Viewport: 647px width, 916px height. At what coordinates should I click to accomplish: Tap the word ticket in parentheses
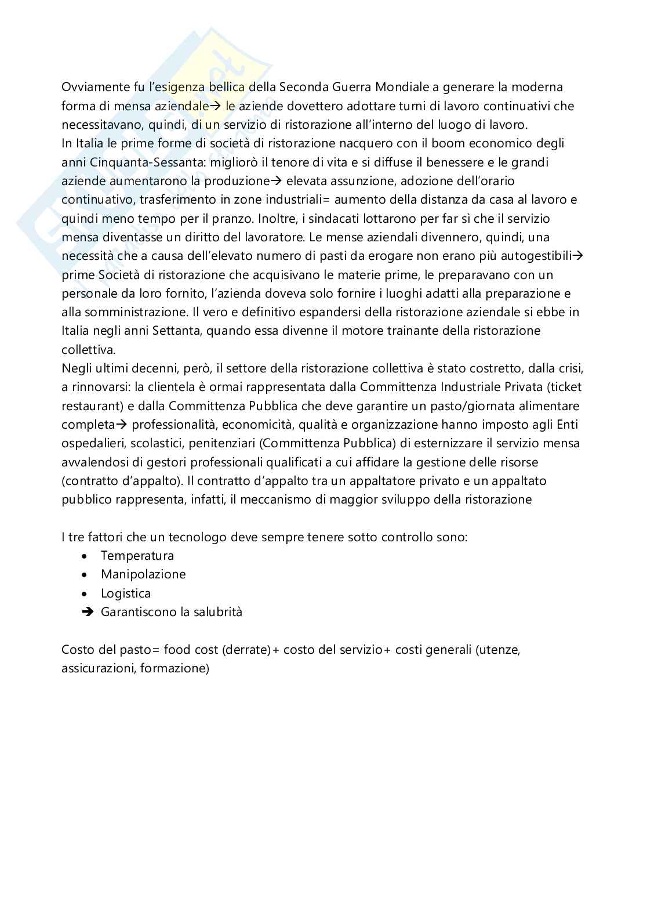click(x=562, y=387)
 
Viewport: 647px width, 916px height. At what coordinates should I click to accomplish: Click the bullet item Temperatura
click(x=137, y=556)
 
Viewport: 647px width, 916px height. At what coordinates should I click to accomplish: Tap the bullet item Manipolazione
click(x=143, y=574)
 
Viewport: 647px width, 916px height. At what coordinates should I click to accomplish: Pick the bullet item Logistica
click(x=126, y=593)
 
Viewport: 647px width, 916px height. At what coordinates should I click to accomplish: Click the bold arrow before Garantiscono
click(x=88, y=612)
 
